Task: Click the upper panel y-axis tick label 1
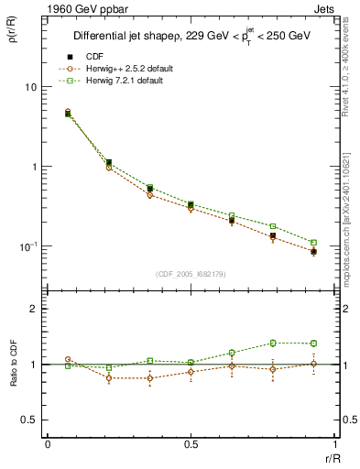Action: click(33, 167)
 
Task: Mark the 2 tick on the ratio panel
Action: click(33, 310)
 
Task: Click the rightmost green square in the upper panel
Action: click(313, 243)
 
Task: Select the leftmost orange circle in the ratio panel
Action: click(68, 360)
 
